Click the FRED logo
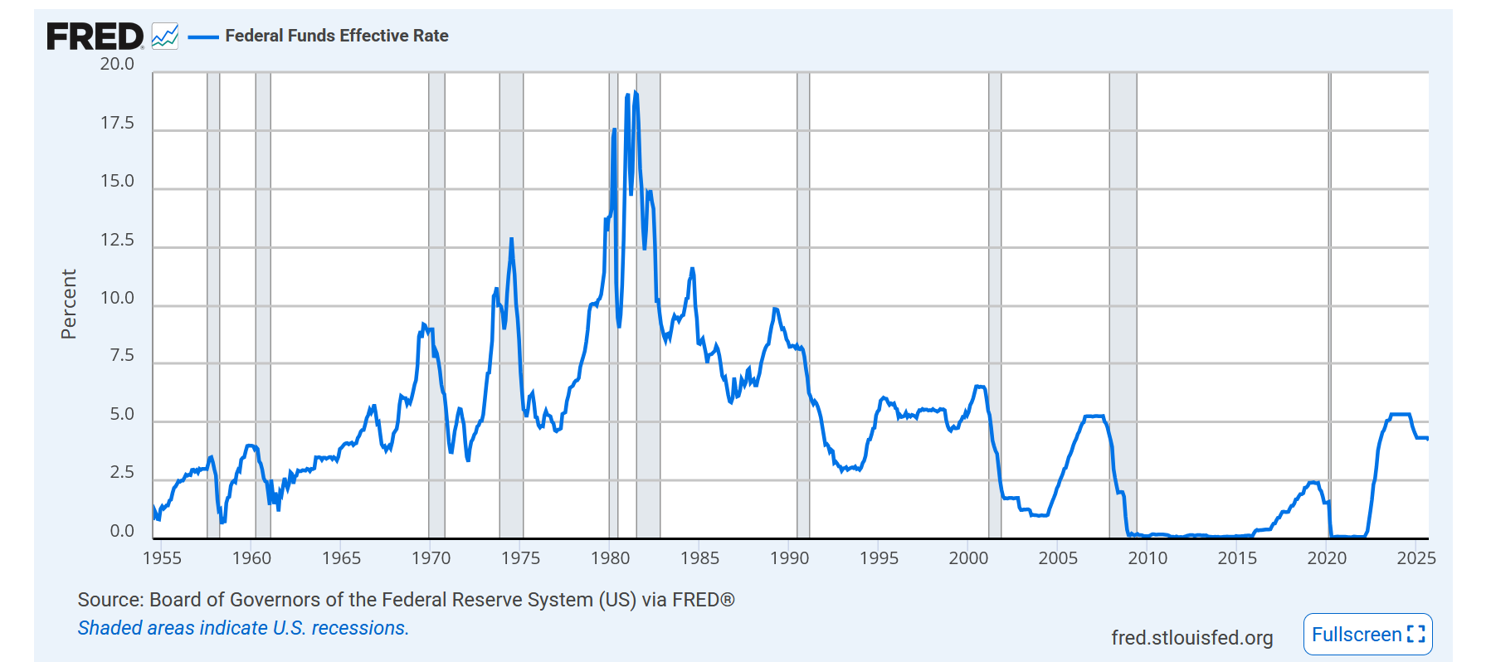pyautogui.click(x=95, y=37)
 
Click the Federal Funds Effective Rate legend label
pyautogui.click(x=336, y=36)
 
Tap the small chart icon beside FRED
pyautogui.click(x=165, y=37)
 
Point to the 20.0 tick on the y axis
pyautogui.click(x=117, y=64)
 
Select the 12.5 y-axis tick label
pyautogui.click(x=117, y=240)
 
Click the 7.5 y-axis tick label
pyautogui.click(x=121, y=356)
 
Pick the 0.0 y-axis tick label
pyautogui.click(x=121, y=531)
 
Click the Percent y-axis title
pyautogui.click(x=69, y=304)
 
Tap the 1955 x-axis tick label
pyautogui.click(x=162, y=558)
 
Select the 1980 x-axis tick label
pyautogui.click(x=610, y=558)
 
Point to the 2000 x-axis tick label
pyautogui.click(x=968, y=558)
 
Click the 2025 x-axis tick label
pyautogui.click(x=1415, y=558)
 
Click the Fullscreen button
pyautogui.click(x=1367, y=635)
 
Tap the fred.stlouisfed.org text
pyautogui.click(x=1191, y=637)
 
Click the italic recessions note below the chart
pyautogui.click(x=243, y=628)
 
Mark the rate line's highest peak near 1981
pyautogui.click(x=636, y=92)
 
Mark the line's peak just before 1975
pyautogui.click(x=511, y=240)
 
